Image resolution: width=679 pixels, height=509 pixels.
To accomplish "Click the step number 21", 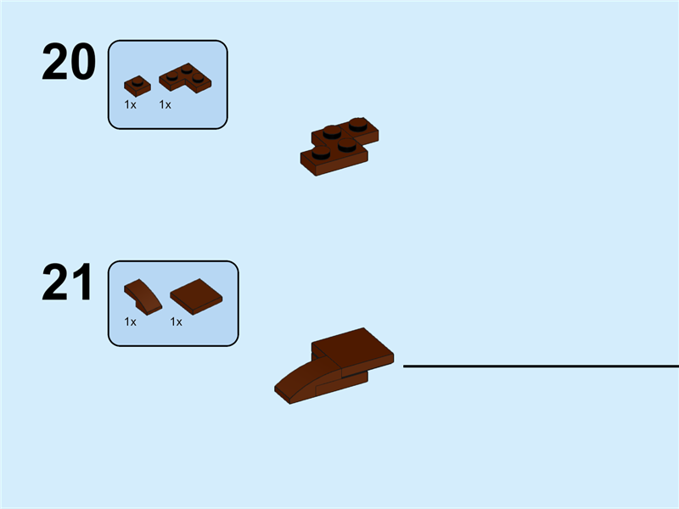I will pyautogui.click(x=67, y=283).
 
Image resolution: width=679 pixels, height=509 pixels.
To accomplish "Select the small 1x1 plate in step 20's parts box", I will pyautogui.click(x=137, y=85).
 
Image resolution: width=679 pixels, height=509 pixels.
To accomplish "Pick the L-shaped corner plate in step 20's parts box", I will pyautogui.click(x=186, y=80).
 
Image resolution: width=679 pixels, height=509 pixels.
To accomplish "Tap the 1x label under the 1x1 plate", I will pyautogui.click(x=130, y=104).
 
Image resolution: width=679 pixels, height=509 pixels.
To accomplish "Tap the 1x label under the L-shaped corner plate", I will pyautogui.click(x=165, y=104).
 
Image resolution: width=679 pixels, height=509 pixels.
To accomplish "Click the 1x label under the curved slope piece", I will pyautogui.click(x=130, y=322).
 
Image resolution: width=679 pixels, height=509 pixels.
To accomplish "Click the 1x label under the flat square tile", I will pyautogui.click(x=177, y=322).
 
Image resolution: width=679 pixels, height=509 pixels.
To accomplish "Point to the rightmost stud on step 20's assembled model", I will pyautogui.click(x=358, y=125).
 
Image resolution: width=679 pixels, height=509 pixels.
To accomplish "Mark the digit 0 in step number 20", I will pyautogui.click(x=81, y=63).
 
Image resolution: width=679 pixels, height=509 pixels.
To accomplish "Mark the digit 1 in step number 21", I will pyautogui.click(x=81, y=283).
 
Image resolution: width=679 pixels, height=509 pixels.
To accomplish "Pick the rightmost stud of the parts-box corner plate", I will pyautogui.click(x=199, y=78).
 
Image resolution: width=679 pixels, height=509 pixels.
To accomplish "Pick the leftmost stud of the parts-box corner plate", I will pyautogui.click(x=172, y=75).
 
